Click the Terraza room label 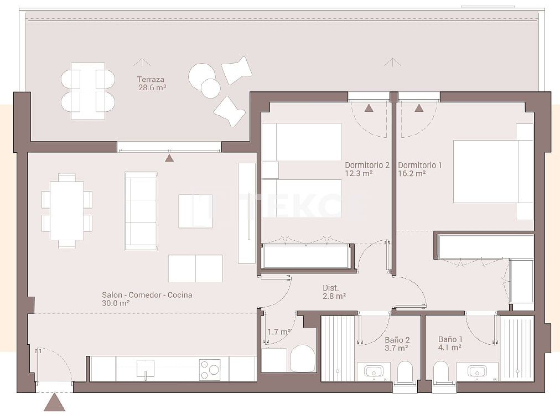click(x=151, y=79)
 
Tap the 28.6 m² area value click(x=152, y=87)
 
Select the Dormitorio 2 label click(x=367, y=165)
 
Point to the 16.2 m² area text click(x=411, y=173)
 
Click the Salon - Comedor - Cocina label click(x=147, y=295)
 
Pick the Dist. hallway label click(x=330, y=288)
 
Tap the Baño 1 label click(x=450, y=339)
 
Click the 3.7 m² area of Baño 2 click(x=396, y=348)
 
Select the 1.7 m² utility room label click(x=279, y=332)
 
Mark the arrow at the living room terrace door click(x=169, y=158)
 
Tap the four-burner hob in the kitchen click(x=210, y=370)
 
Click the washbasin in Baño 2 click(x=374, y=371)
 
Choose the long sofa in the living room click(x=141, y=211)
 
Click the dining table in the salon click(x=66, y=211)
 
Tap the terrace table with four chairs click(x=87, y=91)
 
